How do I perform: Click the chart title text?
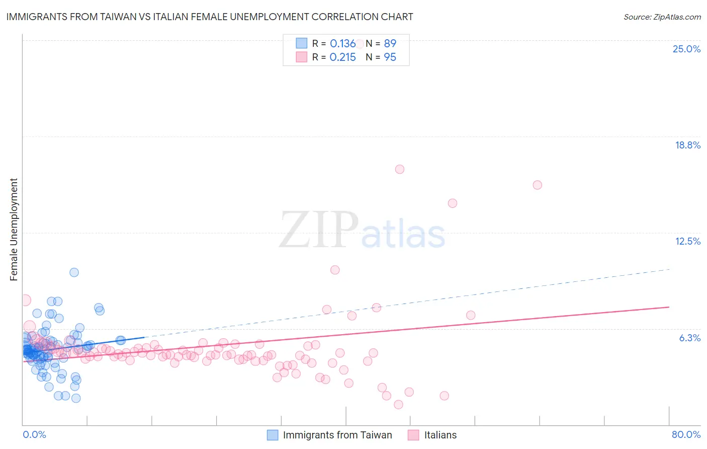210,17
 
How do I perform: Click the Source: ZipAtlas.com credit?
662,17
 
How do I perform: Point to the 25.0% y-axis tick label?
686,49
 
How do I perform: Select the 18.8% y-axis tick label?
687,145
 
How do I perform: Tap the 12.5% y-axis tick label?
687,241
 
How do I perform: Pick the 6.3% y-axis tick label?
689,338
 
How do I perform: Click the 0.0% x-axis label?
34,434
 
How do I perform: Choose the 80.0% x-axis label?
686,434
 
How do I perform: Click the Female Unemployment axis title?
14,230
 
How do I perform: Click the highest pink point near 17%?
400,169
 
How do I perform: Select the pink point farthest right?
537,185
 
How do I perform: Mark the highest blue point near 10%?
74,272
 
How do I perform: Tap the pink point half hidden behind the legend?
359,44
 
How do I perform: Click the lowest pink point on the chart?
398,404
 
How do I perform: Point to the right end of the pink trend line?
669,307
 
